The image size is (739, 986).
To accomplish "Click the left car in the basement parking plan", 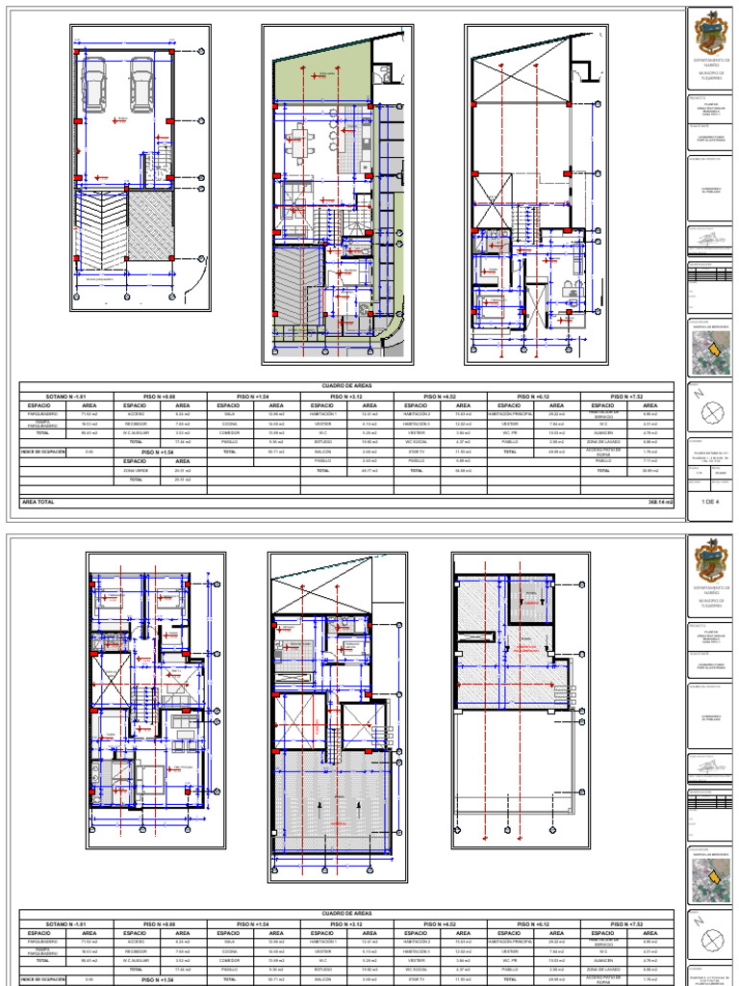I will (x=96, y=84).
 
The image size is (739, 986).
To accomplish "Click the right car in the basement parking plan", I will (x=140, y=84).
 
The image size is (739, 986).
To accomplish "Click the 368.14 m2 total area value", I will (x=660, y=503).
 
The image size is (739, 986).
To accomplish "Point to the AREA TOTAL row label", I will (x=38, y=503).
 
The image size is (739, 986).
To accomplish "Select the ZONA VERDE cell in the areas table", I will (x=137, y=470).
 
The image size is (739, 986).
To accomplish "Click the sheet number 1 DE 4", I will (x=710, y=503).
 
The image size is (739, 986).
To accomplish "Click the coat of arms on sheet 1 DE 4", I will (x=711, y=34).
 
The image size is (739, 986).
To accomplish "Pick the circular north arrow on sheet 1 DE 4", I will (x=711, y=412).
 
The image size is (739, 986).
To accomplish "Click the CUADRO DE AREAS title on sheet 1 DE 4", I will (x=347, y=386).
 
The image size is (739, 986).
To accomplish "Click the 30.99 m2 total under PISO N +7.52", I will (x=650, y=470).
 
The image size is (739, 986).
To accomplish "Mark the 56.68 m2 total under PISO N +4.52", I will (x=463, y=470).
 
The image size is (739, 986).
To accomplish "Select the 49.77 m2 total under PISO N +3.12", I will (x=369, y=470).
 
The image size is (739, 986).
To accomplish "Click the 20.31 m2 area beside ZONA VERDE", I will (x=183, y=470).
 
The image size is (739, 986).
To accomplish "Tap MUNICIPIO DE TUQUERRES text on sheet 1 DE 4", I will (x=711, y=74).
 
